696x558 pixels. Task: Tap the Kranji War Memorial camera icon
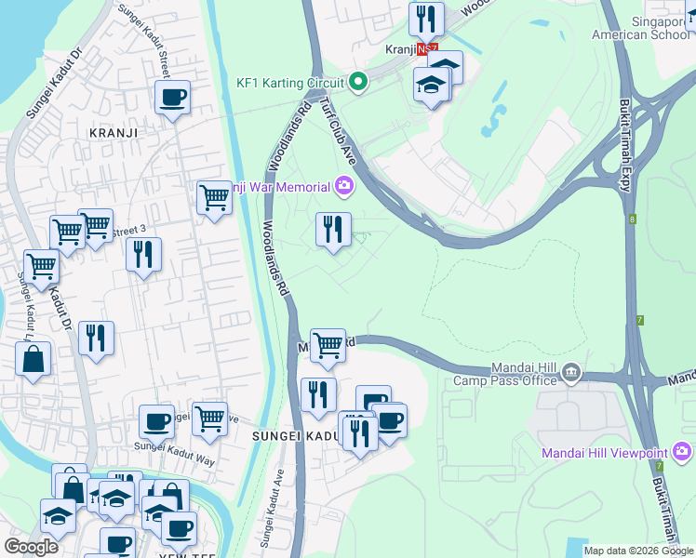pyautogui.click(x=344, y=187)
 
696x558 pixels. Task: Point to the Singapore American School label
pyautogui.click(x=644, y=28)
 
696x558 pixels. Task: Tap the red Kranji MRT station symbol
pyautogui.click(x=424, y=49)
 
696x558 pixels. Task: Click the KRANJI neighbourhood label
pyautogui.click(x=113, y=132)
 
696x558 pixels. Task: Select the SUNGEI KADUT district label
pyautogui.click(x=295, y=435)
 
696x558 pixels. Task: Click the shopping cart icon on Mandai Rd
pyautogui.click(x=328, y=345)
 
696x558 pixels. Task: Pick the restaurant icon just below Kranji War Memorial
pyautogui.click(x=333, y=229)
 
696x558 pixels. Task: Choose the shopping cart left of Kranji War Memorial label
pyautogui.click(x=214, y=197)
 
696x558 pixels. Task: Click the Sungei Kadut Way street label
pyautogui.click(x=174, y=447)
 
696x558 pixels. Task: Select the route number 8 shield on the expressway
pyautogui.click(x=632, y=219)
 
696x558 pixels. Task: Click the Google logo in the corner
pyautogui.click(x=31, y=547)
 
